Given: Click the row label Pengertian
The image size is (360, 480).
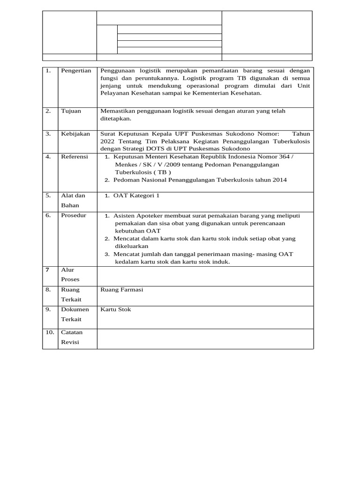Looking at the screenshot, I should tap(75, 70).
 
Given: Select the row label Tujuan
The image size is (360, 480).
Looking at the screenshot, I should tap(71, 111).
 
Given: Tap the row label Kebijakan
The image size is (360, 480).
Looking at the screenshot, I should tap(75, 134).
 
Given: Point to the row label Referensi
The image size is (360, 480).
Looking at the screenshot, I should tap(74, 157).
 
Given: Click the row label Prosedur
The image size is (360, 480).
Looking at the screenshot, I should tap(74, 215).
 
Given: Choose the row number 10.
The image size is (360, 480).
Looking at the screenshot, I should tap(50, 332).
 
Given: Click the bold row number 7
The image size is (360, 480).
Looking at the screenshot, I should tap(47, 270).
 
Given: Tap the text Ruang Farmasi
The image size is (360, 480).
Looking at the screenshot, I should tap(121, 290).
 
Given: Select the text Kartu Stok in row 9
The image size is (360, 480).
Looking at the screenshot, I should tap(116, 309).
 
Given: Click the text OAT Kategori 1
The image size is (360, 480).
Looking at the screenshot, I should tap(136, 195).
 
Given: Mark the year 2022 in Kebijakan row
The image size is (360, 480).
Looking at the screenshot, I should tap(107, 141).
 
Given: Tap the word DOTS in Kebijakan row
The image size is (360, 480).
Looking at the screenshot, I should tap(156, 149).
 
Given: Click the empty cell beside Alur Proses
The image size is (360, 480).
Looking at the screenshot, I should tap(205, 276).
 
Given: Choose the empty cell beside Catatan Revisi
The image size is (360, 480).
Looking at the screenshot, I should tap(205, 338).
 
